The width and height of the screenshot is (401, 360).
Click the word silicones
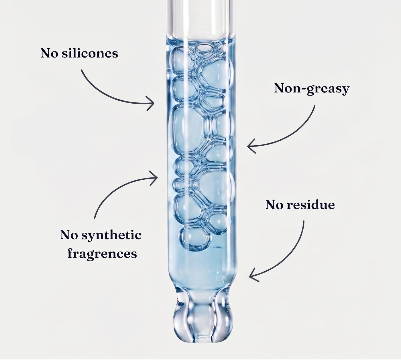coord(90,53)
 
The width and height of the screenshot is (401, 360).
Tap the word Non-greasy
coord(312,89)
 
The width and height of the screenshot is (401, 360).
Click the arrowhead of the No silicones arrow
coord(151,103)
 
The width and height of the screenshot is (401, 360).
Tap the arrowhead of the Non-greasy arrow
coord(251,146)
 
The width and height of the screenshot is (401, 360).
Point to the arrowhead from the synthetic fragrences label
coord(154,178)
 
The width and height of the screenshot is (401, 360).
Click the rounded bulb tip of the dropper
coord(203,325)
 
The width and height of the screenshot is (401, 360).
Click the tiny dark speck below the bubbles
coord(217,247)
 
